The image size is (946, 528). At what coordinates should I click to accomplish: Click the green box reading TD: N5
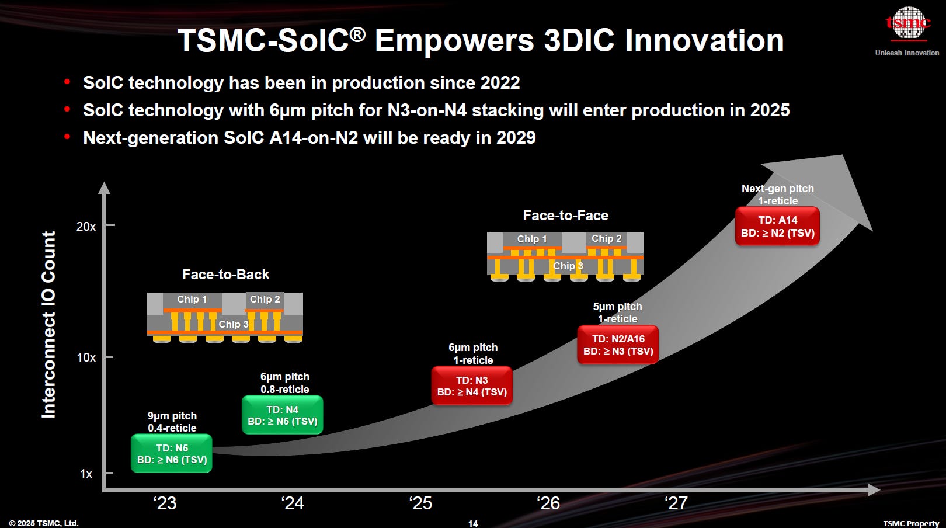click(x=172, y=454)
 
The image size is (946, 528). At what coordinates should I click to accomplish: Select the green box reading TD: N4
click(x=283, y=415)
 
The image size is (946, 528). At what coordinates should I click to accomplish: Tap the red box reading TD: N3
click(x=472, y=386)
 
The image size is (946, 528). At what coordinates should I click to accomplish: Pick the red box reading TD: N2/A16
click(x=618, y=345)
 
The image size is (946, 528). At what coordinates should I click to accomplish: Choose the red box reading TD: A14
click(x=777, y=227)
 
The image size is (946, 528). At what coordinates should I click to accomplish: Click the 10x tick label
click(x=86, y=357)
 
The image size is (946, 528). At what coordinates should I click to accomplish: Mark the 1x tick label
click(x=86, y=474)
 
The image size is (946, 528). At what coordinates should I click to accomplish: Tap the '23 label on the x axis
click(x=165, y=503)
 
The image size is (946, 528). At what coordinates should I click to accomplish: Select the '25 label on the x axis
click(x=420, y=503)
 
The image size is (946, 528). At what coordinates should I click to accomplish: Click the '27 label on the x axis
click(x=676, y=503)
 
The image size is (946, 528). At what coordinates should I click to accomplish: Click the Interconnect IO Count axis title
click(x=49, y=325)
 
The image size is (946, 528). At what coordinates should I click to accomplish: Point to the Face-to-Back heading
click(x=225, y=275)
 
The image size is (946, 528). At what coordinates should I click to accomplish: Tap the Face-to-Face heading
click(x=565, y=216)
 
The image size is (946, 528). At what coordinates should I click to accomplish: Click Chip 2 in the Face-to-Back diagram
click(x=265, y=299)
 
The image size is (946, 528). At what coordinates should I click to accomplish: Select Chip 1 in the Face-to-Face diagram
click(x=532, y=239)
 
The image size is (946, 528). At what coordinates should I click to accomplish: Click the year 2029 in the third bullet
click(x=516, y=138)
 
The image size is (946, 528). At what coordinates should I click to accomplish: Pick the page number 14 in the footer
click(x=473, y=523)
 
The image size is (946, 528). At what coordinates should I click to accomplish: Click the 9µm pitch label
click(x=172, y=416)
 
